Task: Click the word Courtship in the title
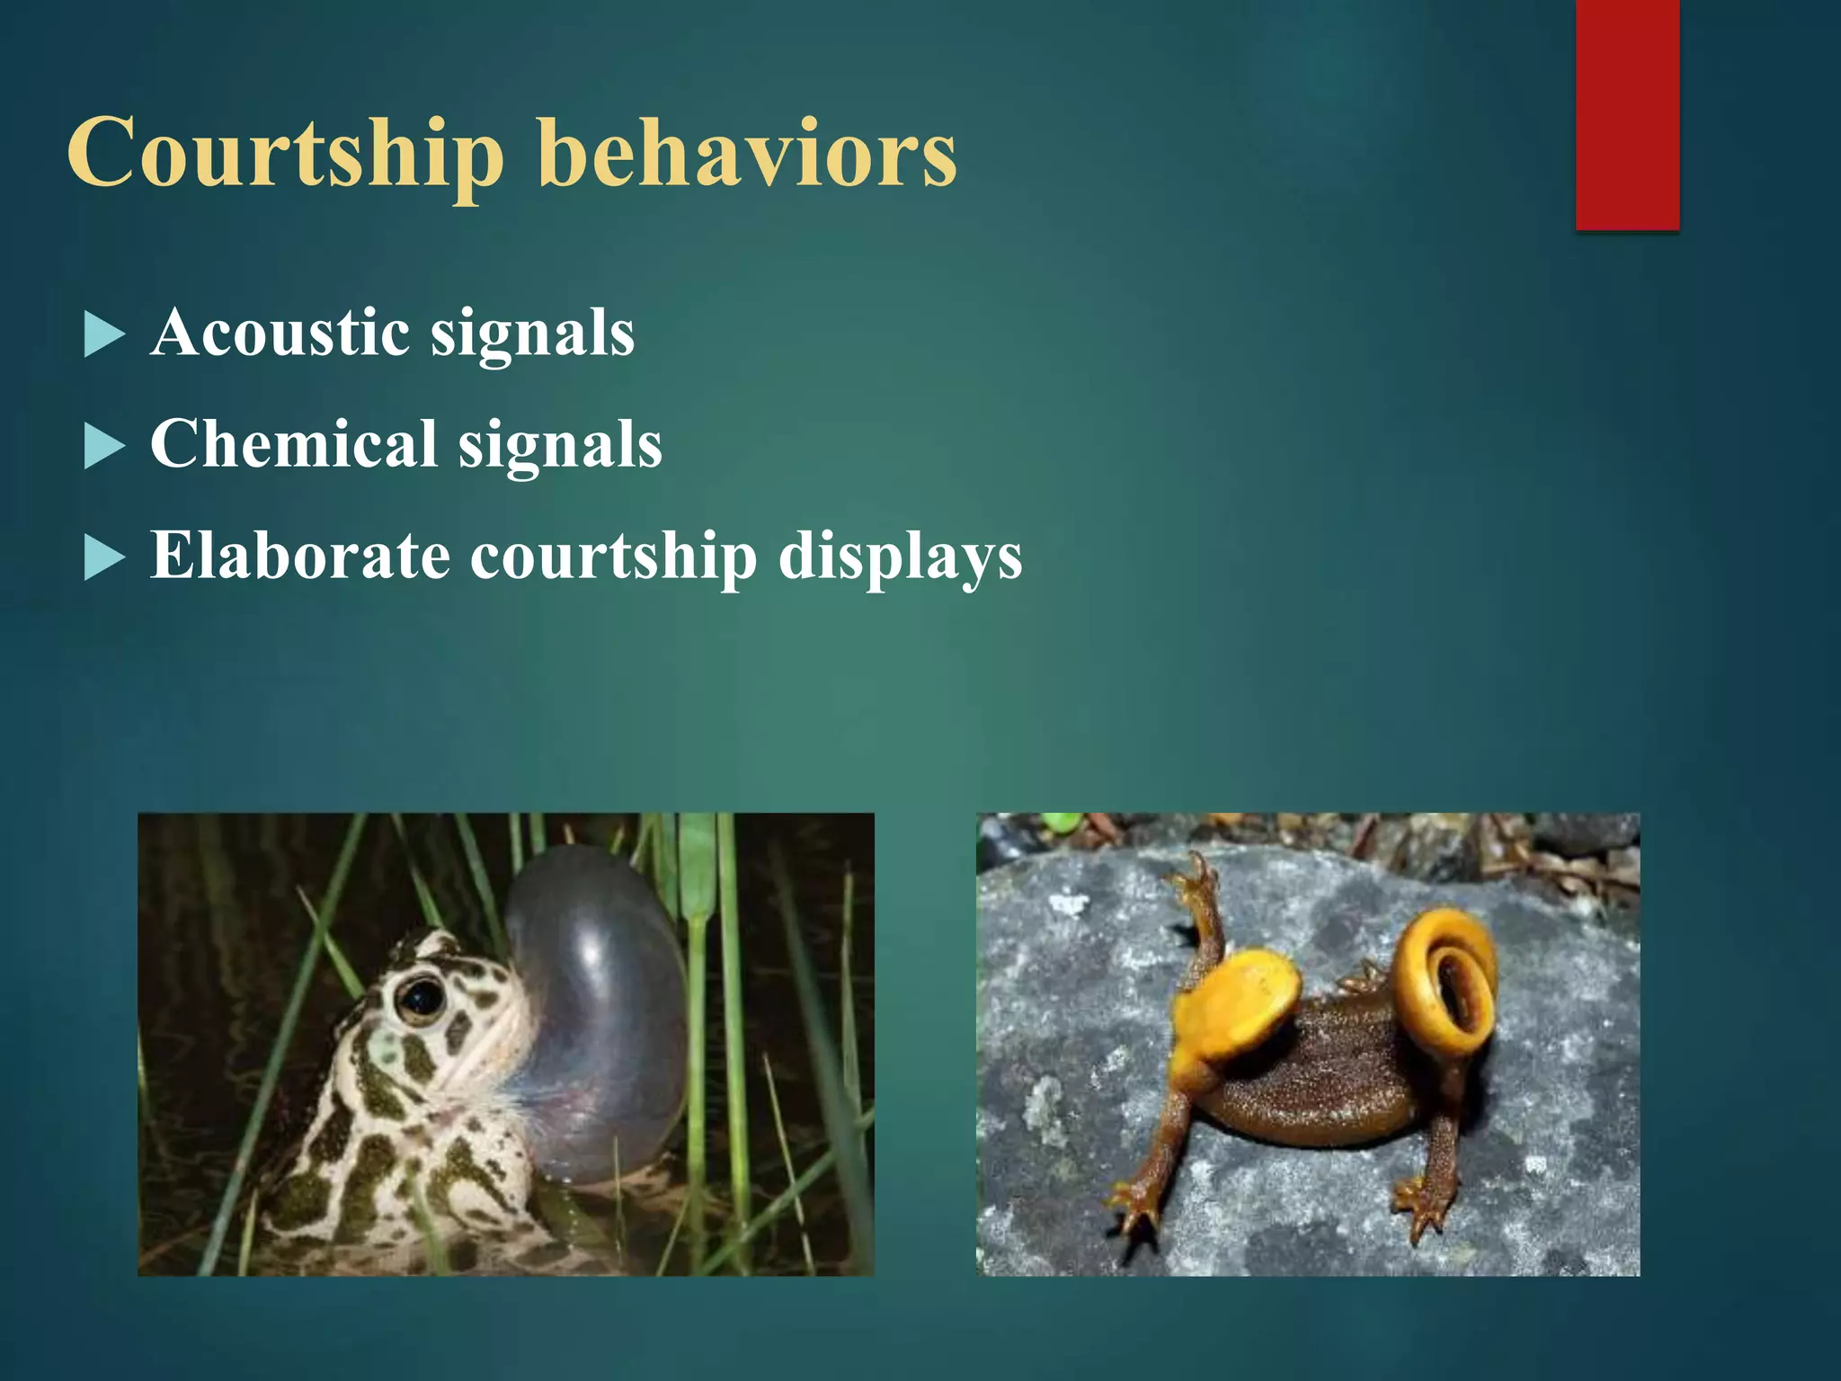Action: (286, 155)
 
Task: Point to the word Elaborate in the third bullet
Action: (299, 556)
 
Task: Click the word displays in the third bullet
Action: (900, 557)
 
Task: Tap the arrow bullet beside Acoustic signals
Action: (103, 335)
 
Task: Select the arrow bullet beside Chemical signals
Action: (103, 447)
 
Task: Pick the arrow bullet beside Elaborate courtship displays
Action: (103, 558)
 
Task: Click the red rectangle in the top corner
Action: (1627, 114)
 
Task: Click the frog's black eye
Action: (420, 997)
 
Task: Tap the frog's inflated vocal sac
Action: (598, 1007)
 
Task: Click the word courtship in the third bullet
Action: (614, 557)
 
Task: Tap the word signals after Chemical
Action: (560, 446)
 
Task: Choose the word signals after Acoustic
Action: (532, 334)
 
